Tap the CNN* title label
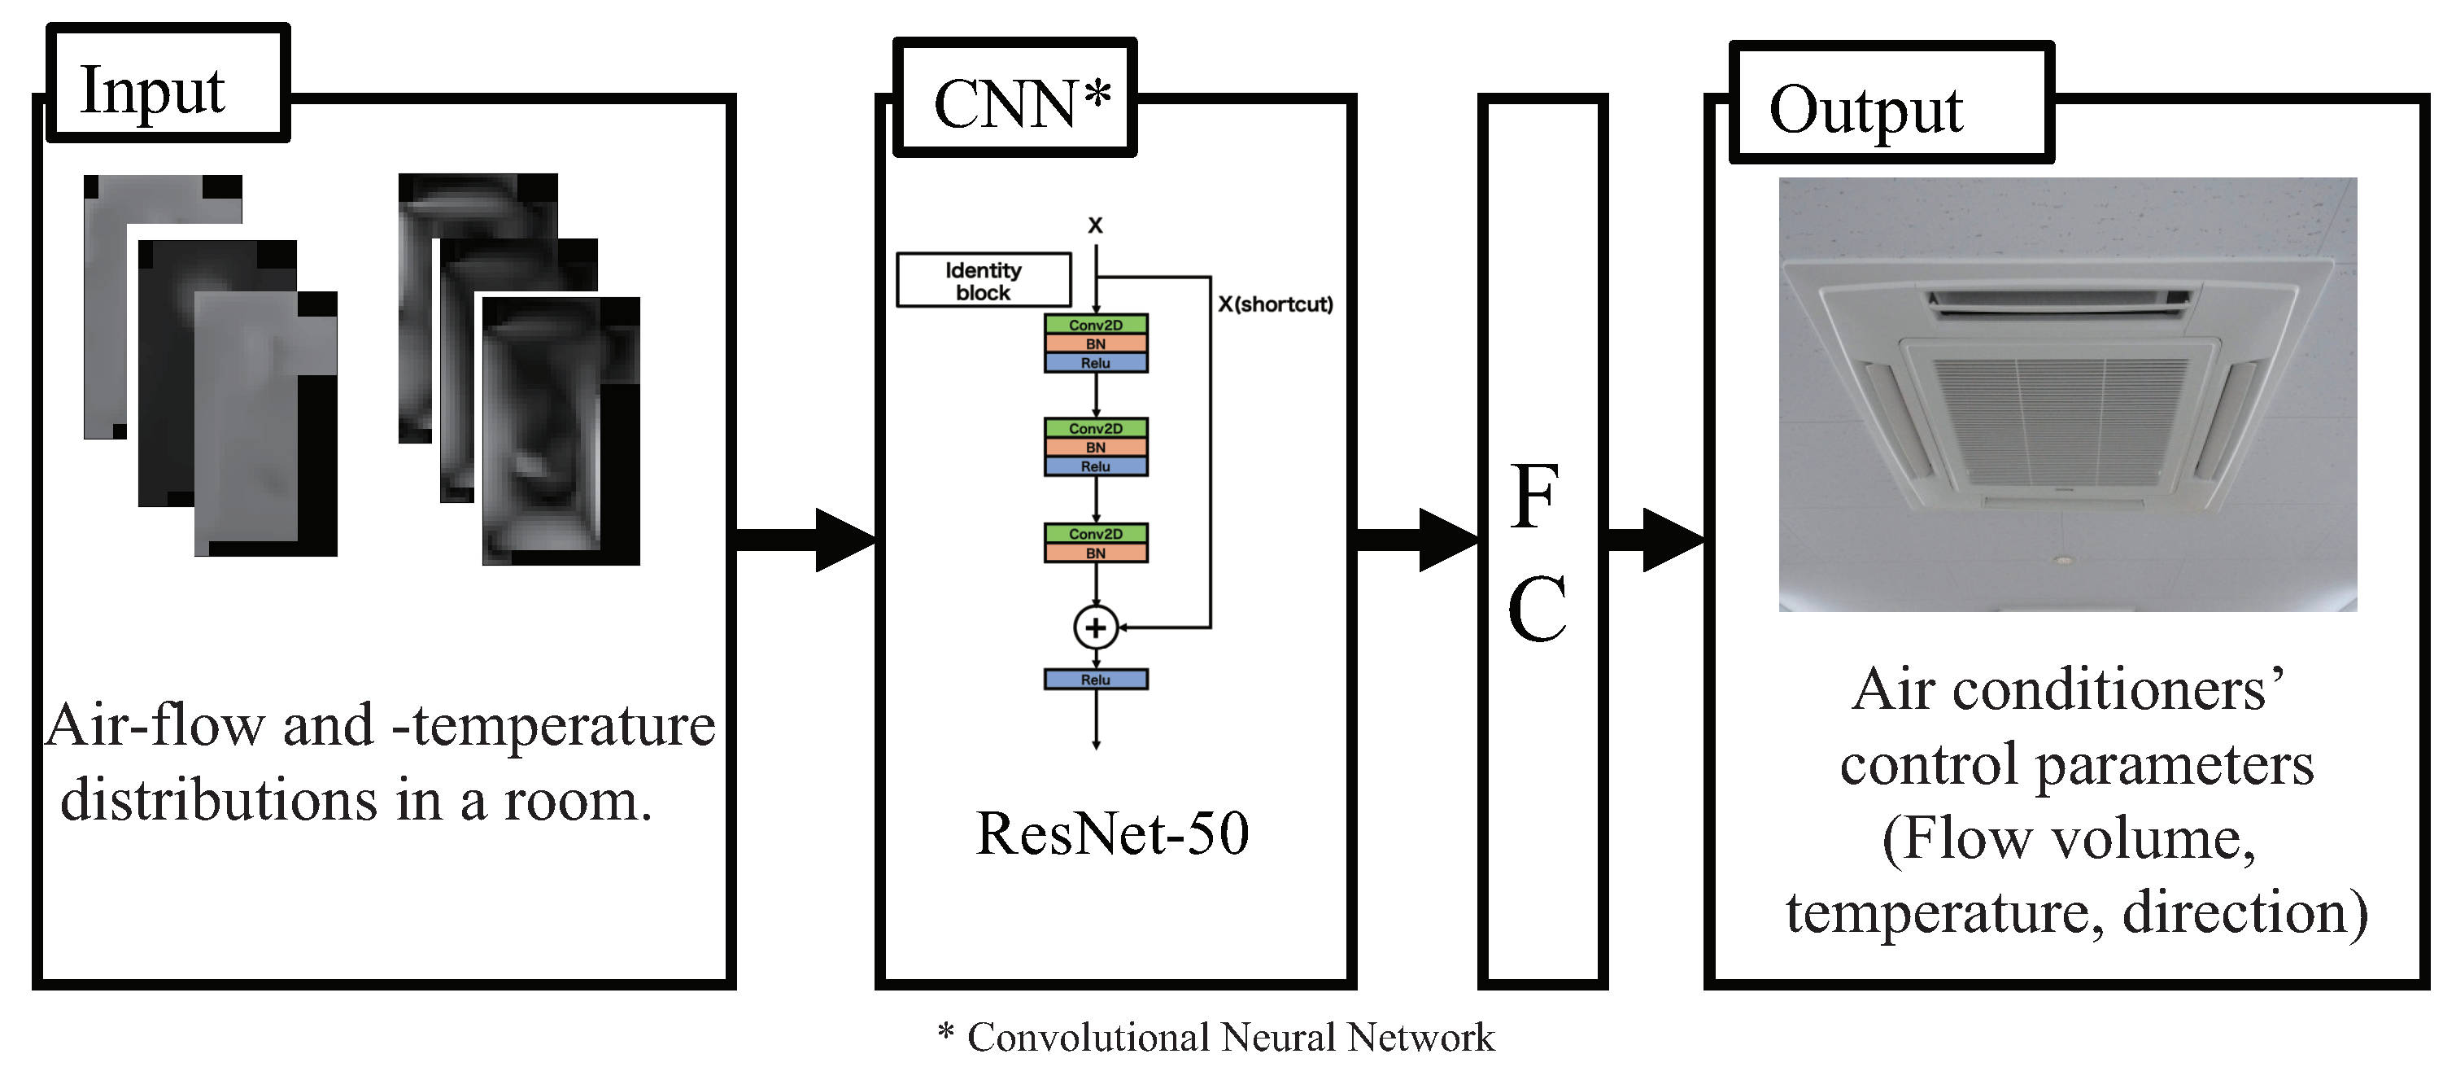pos(1014,100)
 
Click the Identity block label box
pos(983,280)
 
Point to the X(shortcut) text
pos(1275,304)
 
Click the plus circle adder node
pos(1096,628)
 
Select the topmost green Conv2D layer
pos(1096,324)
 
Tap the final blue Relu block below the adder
pos(1096,680)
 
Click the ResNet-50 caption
pos(1112,833)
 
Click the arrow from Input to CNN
pos(805,540)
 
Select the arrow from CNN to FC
pos(1416,540)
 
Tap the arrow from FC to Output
pos(1656,540)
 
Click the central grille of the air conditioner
pos(2059,419)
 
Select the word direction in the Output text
pos(2245,912)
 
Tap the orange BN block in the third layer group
pos(1096,553)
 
